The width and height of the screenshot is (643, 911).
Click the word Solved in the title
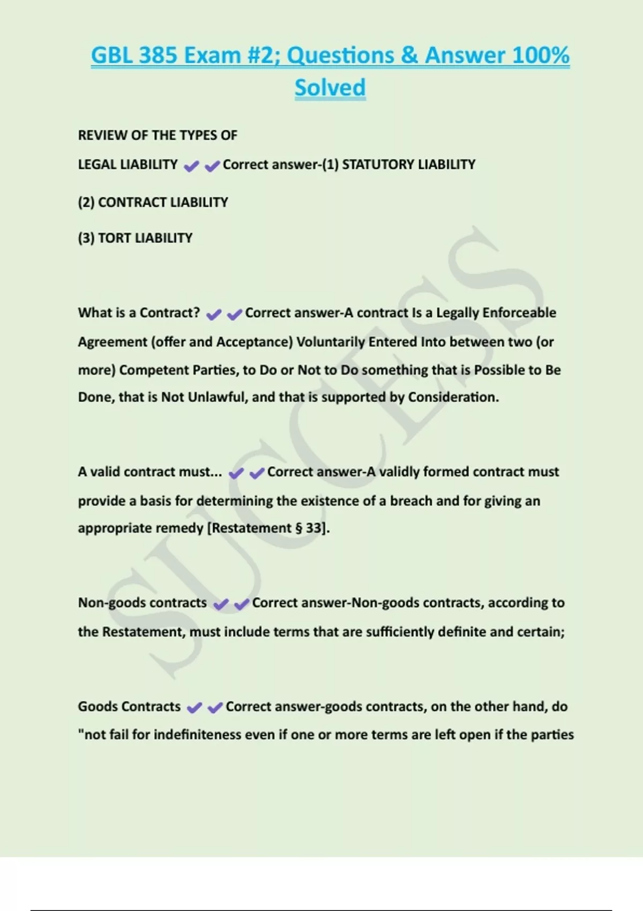tap(330, 87)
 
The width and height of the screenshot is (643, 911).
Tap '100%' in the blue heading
tap(540, 55)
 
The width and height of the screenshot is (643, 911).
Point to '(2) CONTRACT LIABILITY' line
tap(153, 202)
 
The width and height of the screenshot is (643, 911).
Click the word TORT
tap(114, 238)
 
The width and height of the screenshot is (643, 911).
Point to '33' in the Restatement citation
tap(313, 528)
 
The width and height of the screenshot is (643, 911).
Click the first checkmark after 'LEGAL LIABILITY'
tap(191, 167)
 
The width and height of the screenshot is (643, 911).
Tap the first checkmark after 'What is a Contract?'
tap(213, 315)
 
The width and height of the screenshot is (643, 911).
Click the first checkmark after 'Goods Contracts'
tap(194, 708)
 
